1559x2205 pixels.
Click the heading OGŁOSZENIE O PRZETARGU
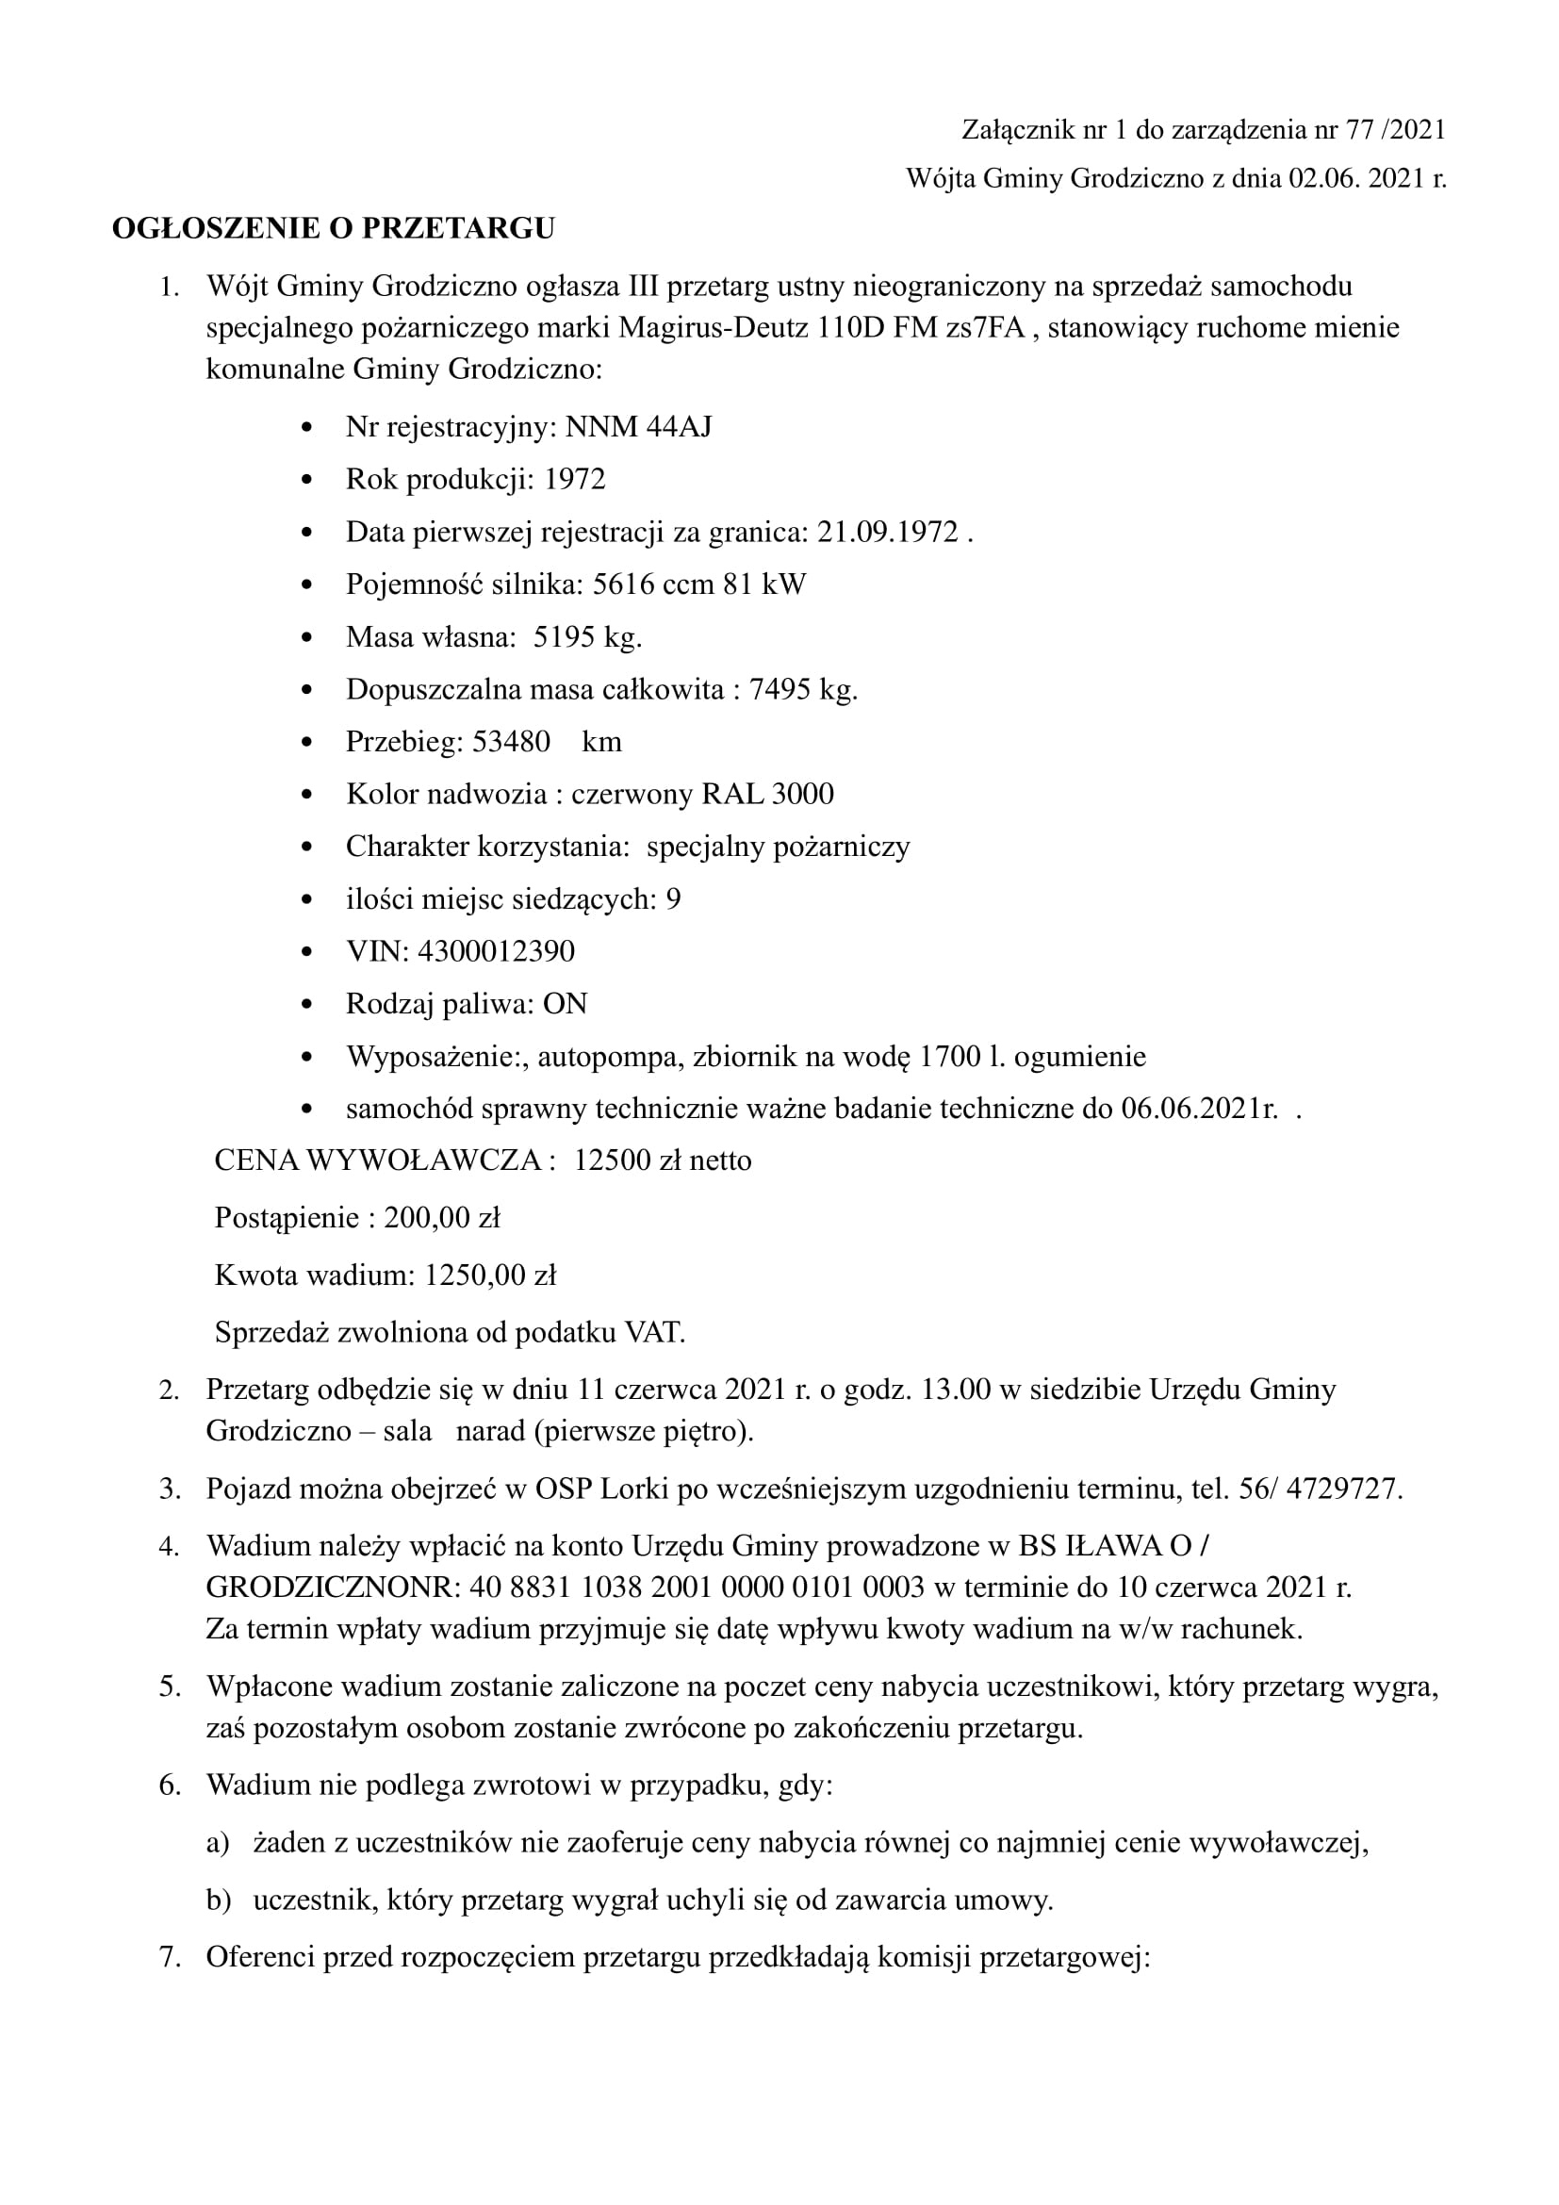[333, 228]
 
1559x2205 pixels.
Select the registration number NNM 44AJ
[638, 426]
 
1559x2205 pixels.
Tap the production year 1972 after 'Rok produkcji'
[575, 479]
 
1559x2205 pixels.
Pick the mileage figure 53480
[511, 741]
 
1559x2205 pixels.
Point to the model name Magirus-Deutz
[714, 327]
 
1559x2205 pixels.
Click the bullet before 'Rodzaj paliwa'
[306, 1005]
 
